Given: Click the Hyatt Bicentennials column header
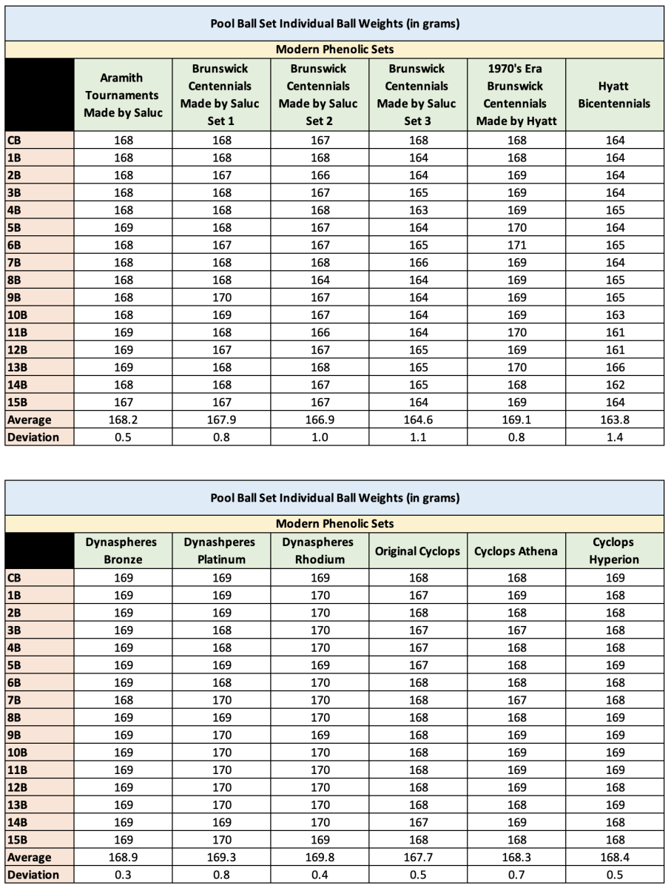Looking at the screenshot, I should click(x=614, y=95).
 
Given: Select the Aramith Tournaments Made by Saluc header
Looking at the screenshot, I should click(x=123, y=95).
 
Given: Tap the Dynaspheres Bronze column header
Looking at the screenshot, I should click(x=123, y=551).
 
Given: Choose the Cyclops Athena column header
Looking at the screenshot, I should click(x=516, y=551).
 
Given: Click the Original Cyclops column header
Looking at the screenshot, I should click(x=417, y=551).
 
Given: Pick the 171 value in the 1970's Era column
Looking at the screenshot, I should click(x=516, y=245).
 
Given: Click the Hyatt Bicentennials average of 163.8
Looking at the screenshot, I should click(x=614, y=420).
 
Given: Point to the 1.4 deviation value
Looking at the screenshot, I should click(x=614, y=437).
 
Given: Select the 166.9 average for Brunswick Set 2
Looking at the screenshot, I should click(x=319, y=420).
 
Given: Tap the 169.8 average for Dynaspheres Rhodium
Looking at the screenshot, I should click(x=319, y=858).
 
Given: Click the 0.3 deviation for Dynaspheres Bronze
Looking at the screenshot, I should click(x=123, y=875).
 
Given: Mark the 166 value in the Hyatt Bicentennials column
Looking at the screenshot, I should click(x=614, y=367).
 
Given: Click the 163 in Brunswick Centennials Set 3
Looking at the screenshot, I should click(x=417, y=210).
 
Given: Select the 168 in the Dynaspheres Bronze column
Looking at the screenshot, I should click(x=123, y=700).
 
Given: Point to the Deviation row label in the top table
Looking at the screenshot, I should click(x=33, y=437).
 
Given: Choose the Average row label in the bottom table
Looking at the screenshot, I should click(x=30, y=858).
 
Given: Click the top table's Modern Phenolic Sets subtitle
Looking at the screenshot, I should click(x=334, y=50).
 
